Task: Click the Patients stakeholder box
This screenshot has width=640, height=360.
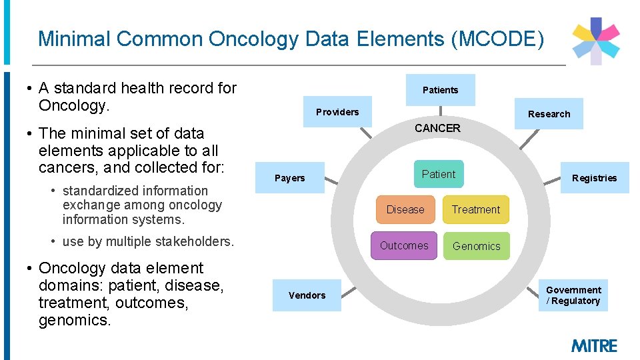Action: pos(440,90)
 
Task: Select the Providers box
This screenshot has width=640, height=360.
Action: pos(337,112)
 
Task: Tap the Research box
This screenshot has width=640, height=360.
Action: pos(549,114)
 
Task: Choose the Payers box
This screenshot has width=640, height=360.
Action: pos(290,178)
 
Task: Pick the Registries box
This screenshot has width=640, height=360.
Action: pos(594,178)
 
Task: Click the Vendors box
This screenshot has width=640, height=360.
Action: pos(307,295)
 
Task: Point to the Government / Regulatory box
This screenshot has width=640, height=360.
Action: pos(573,295)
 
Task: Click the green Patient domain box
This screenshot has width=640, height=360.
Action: pos(438,175)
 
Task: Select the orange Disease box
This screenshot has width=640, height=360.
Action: pos(405,209)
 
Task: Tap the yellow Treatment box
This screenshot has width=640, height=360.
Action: pos(475,209)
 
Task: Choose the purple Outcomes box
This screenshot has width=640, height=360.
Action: pos(404,245)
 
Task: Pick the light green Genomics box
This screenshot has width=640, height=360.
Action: pos(476,246)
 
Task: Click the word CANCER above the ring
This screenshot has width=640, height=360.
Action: pos(437,128)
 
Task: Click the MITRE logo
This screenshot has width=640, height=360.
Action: pos(594,346)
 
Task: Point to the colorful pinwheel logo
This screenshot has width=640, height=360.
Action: pos(596,41)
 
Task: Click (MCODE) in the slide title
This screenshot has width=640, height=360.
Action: pos(497,39)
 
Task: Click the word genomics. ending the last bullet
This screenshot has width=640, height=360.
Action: pos(75,320)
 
